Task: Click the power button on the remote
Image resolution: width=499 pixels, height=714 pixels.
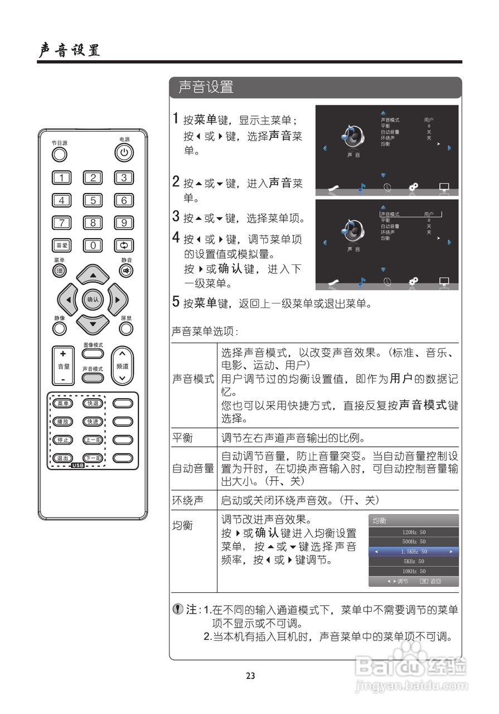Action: (x=124, y=152)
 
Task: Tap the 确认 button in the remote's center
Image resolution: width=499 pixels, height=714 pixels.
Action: (x=93, y=300)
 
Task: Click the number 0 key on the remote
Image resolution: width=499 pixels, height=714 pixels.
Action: (x=93, y=245)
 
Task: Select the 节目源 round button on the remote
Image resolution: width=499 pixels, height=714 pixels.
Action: (x=60, y=154)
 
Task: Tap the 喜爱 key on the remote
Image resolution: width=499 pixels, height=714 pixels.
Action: (x=61, y=245)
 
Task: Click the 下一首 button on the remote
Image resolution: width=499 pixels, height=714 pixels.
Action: (x=93, y=458)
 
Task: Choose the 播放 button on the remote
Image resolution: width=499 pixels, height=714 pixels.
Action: (x=62, y=422)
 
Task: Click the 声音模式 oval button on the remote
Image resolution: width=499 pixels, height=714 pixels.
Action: (x=93, y=378)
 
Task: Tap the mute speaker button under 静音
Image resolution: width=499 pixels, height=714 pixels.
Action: (x=126, y=271)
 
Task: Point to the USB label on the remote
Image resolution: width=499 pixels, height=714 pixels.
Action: (x=77, y=465)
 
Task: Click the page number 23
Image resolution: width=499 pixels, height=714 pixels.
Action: (x=250, y=676)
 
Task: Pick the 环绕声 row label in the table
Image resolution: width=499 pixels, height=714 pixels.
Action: (x=187, y=500)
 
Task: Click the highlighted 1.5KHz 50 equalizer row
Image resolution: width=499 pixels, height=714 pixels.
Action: (x=414, y=552)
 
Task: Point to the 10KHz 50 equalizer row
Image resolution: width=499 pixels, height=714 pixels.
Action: (x=414, y=571)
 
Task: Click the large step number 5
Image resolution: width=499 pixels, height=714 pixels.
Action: (x=176, y=303)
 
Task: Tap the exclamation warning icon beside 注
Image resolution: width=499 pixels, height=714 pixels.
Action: (x=177, y=609)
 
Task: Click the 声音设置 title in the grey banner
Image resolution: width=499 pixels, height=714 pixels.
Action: (x=206, y=87)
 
